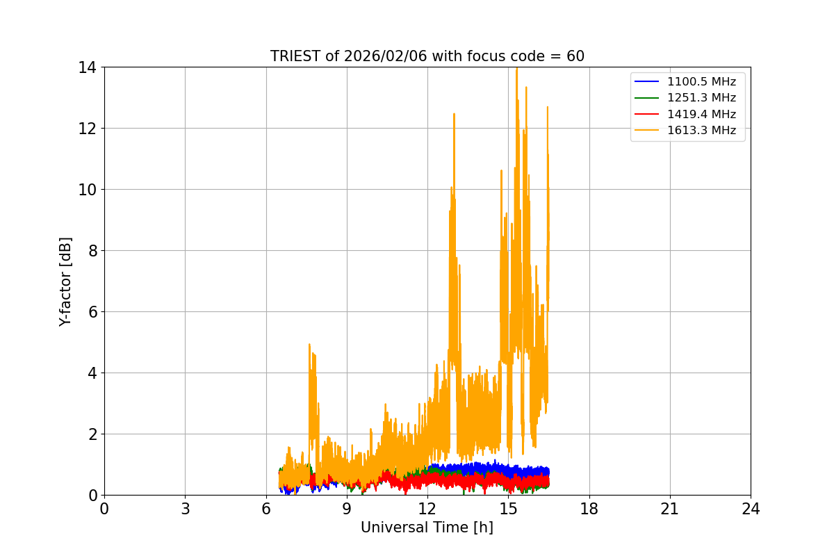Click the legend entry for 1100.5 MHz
pyautogui.click(x=701, y=82)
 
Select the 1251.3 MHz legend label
pyautogui.click(x=701, y=98)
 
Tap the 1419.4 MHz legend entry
pyautogui.click(x=701, y=114)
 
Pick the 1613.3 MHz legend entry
pyautogui.click(x=701, y=130)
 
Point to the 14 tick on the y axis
pyautogui.click(x=88, y=67)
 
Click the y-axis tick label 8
pyautogui.click(x=92, y=251)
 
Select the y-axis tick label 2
pyautogui.click(x=92, y=434)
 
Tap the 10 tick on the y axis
pyautogui.click(x=88, y=190)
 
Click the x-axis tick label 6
pyautogui.click(x=266, y=509)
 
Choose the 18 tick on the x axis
pyautogui.click(x=589, y=509)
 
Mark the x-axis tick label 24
pyautogui.click(x=751, y=509)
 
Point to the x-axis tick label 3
pyautogui.click(x=185, y=509)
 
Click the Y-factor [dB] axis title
pyautogui.click(x=65, y=281)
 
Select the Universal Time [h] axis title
pyautogui.click(x=427, y=528)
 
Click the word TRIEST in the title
pyautogui.click(x=295, y=56)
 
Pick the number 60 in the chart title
pyautogui.click(x=575, y=56)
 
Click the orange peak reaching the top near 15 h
pyautogui.click(x=516, y=69)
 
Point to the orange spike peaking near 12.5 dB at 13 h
pyautogui.click(x=454, y=115)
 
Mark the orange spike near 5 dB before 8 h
pyautogui.click(x=309, y=345)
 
